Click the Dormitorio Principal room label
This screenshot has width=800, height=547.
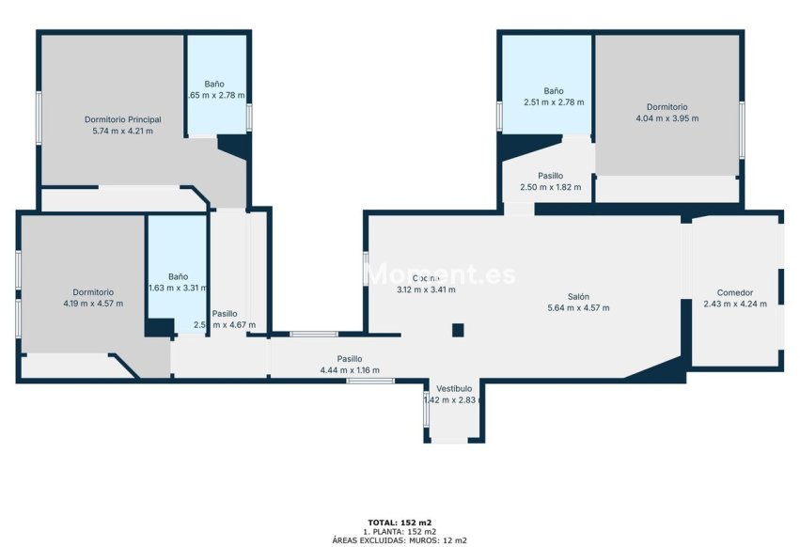coord(122,119)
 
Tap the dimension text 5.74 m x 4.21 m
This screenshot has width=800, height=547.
coord(122,131)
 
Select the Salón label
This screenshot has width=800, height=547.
coord(578,296)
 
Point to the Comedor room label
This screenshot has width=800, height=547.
coord(735,292)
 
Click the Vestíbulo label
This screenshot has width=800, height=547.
coord(454,388)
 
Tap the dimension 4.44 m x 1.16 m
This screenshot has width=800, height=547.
coord(350,370)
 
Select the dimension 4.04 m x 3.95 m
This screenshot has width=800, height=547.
coord(667,118)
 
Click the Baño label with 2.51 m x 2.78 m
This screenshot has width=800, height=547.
coord(554,91)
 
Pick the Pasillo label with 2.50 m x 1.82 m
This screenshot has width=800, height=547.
coord(550,176)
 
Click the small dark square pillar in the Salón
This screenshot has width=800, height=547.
coord(458,329)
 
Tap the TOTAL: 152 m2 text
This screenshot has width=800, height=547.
coord(400,522)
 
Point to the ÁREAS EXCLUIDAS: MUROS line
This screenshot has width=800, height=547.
coord(400,540)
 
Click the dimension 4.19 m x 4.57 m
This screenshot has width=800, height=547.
coord(94,304)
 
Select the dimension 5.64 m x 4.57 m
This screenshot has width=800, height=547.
coord(578,307)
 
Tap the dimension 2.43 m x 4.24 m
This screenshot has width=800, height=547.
coord(735,304)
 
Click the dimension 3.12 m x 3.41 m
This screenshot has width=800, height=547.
coord(426,289)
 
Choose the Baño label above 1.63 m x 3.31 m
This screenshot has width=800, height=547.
coord(179,276)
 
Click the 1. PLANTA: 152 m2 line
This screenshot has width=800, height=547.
coord(400,531)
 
